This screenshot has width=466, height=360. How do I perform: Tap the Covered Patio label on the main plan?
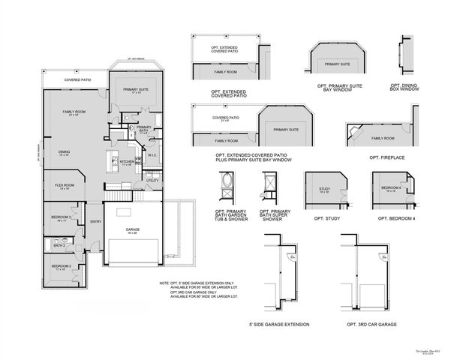77,79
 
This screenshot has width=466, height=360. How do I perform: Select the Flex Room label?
64,184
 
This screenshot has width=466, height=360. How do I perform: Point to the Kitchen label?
127,161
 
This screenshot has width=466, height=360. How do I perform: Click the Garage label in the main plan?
132,230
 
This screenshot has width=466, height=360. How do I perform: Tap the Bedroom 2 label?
61,266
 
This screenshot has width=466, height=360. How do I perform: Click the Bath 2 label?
59,245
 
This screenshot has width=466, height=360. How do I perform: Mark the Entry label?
95,222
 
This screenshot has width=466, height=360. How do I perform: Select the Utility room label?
152,181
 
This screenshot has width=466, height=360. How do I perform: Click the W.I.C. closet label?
151,156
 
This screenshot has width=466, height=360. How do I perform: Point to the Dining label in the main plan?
65,152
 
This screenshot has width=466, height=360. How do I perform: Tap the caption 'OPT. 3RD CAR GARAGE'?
371,324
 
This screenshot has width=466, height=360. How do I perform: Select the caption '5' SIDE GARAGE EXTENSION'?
278,324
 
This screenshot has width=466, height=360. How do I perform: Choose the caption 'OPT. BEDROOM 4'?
394,218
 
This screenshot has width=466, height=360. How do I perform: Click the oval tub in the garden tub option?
227,182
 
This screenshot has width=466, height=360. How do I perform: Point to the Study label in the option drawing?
324,189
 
